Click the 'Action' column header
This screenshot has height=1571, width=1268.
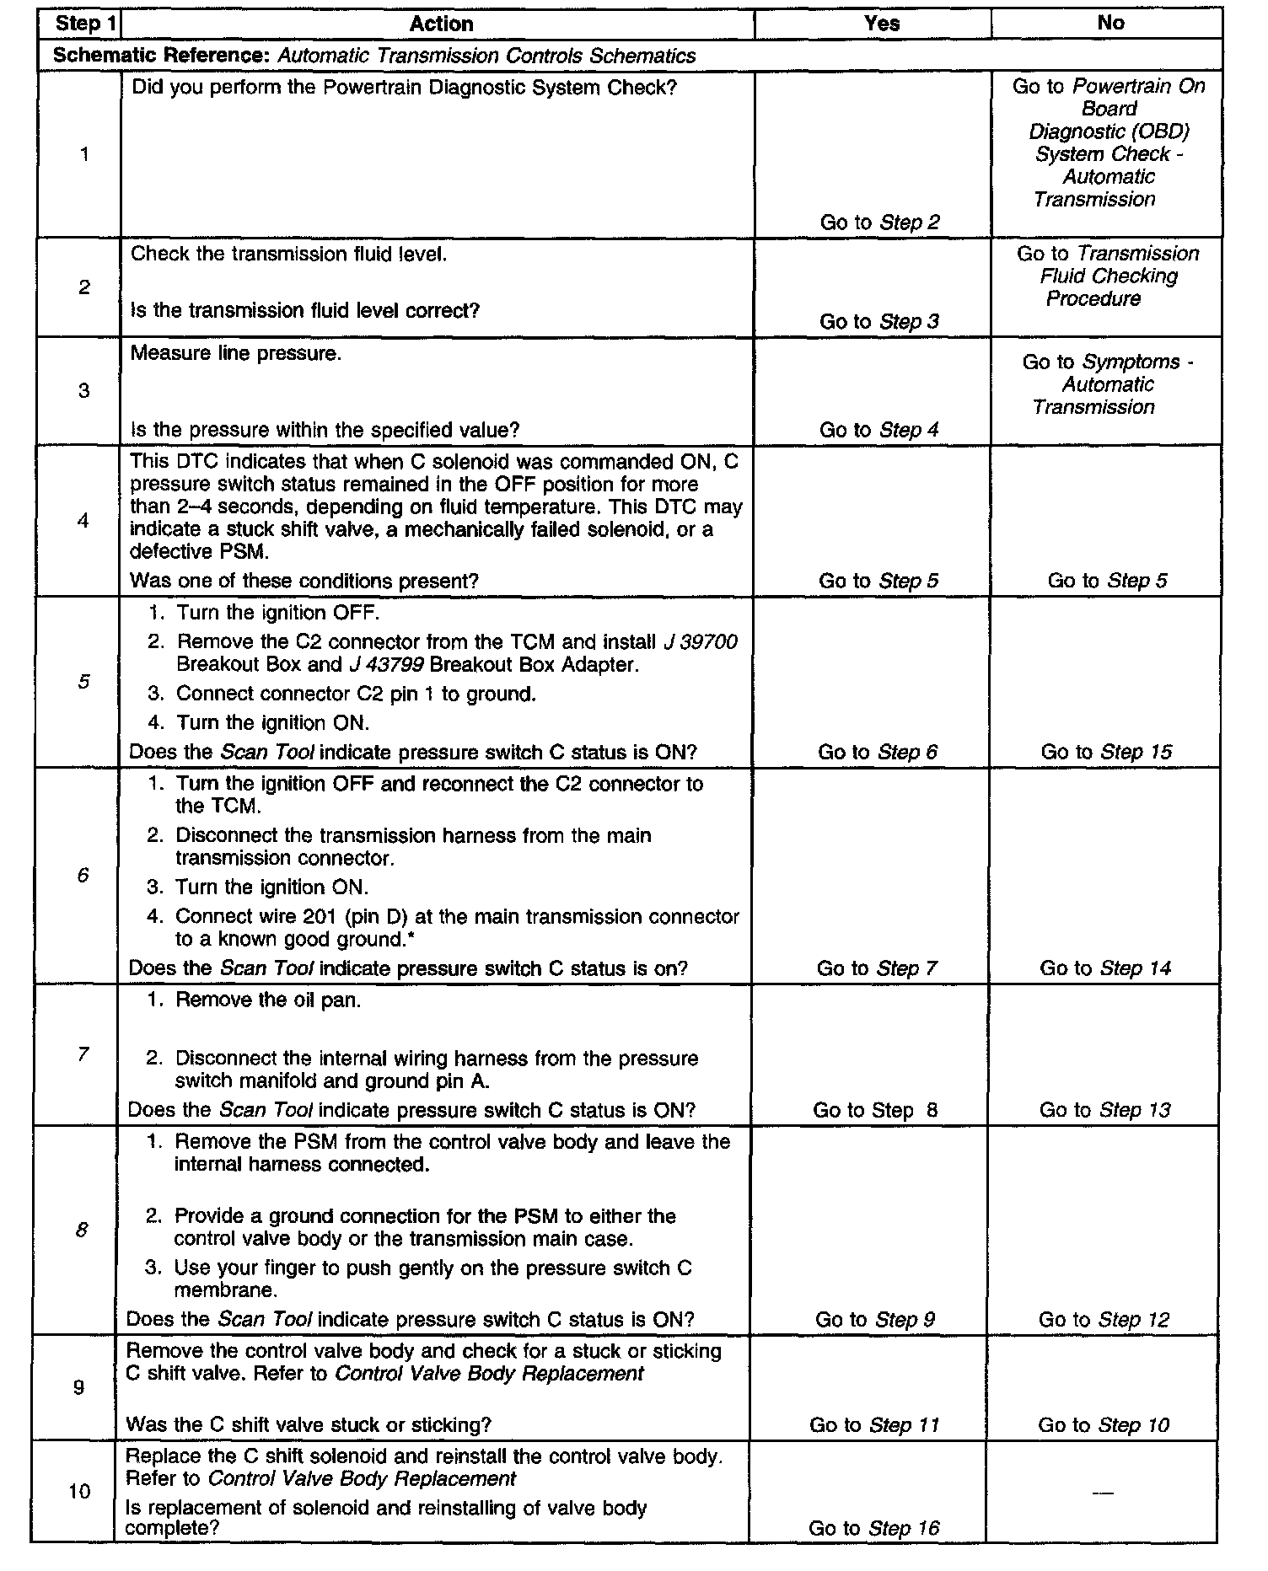click(441, 24)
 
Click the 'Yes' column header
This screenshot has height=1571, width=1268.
click(882, 24)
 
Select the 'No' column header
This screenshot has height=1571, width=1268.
click(1110, 24)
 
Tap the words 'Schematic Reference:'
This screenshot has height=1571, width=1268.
click(162, 56)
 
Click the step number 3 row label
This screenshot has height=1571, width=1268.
click(83, 391)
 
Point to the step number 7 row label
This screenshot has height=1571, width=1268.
click(83, 1054)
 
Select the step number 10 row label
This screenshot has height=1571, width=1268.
click(79, 1492)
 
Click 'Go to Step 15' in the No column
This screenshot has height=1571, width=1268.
click(1106, 752)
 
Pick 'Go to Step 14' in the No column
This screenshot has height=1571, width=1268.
click(1105, 968)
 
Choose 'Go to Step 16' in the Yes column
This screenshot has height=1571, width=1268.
click(873, 1528)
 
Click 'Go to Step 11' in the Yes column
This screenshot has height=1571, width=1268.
click(874, 1425)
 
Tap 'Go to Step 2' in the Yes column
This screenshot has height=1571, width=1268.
click(879, 223)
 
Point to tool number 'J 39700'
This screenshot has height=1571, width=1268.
click(700, 642)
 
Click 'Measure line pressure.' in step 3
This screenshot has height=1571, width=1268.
click(236, 353)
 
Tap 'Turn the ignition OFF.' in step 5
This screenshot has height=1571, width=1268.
click(278, 613)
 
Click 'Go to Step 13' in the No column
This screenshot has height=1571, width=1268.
click(1104, 1110)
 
